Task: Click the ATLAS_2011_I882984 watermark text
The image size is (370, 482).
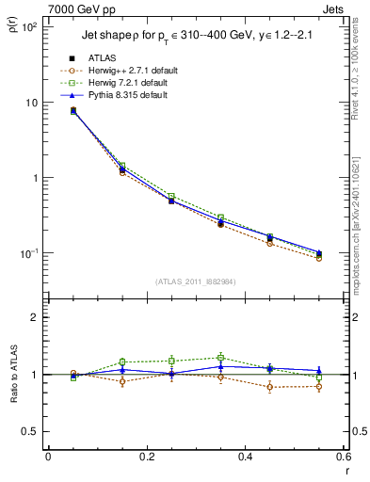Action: pos(195,281)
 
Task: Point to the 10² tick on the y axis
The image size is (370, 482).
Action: pos(31,27)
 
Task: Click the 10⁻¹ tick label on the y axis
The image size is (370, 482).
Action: pos(30,253)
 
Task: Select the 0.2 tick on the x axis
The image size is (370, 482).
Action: pos(146,458)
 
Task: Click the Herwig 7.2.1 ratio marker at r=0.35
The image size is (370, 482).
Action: pos(220,358)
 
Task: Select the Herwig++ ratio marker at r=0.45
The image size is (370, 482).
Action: pos(269,387)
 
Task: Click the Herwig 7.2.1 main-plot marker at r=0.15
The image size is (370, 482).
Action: pos(122,166)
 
